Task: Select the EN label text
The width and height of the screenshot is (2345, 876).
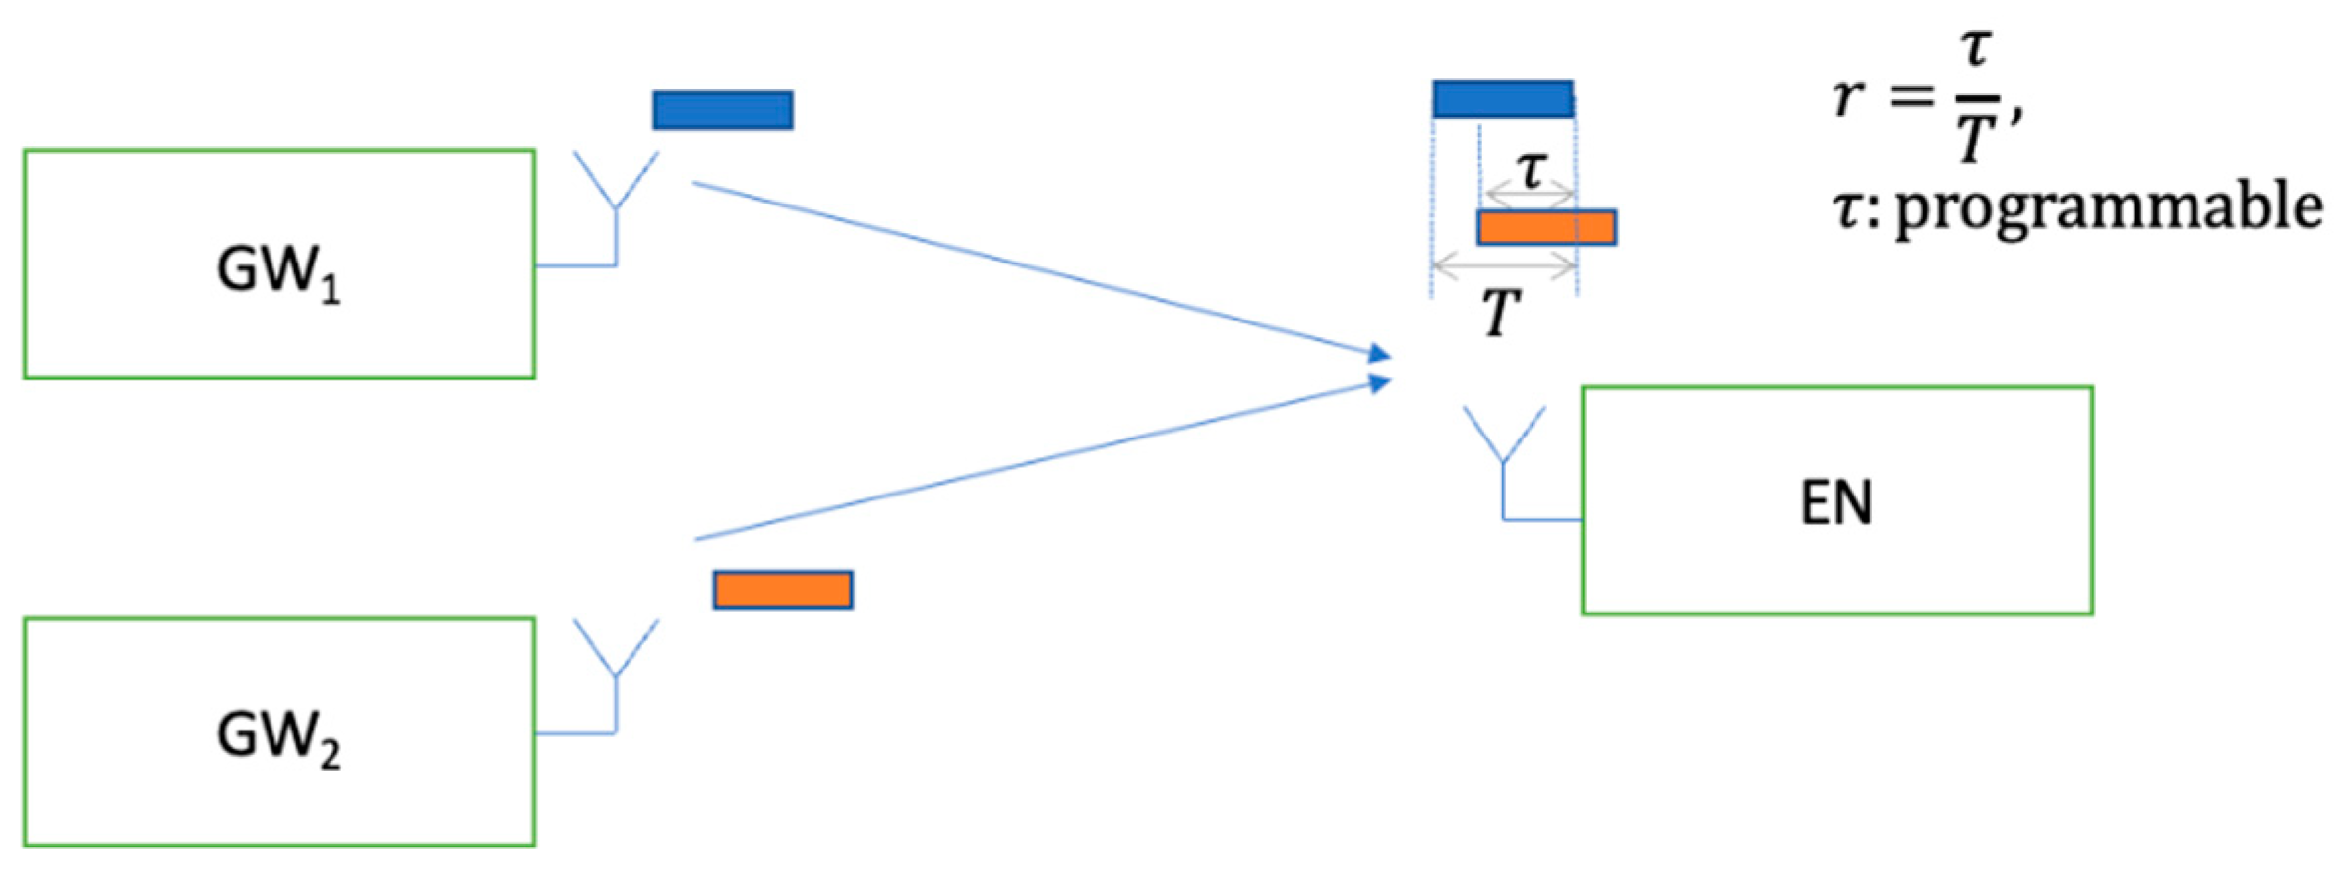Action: (x=1835, y=503)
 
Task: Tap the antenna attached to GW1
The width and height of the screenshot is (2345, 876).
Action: (x=616, y=197)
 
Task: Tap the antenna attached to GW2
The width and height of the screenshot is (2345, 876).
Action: (x=616, y=664)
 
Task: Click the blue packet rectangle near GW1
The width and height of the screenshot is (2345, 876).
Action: (x=723, y=110)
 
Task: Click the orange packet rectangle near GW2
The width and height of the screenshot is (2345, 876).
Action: (x=783, y=590)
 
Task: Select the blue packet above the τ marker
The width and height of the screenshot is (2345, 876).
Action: (x=1502, y=99)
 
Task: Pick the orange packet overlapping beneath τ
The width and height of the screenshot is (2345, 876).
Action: (x=1546, y=227)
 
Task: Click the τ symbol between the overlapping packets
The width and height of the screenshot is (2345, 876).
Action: (x=1532, y=171)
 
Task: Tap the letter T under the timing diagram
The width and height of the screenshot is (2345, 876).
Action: (x=1502, y=313)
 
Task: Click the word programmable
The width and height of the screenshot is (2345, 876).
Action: (x=2109, y=208)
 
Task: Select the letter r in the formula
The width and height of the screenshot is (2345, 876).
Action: (x=1848, y=96)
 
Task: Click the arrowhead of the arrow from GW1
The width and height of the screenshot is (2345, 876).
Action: (x=1381, y=354)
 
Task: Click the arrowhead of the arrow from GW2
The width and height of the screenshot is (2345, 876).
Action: (x=1381, y=382)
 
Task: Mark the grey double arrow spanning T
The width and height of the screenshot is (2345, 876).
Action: (x=1505, y=264)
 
